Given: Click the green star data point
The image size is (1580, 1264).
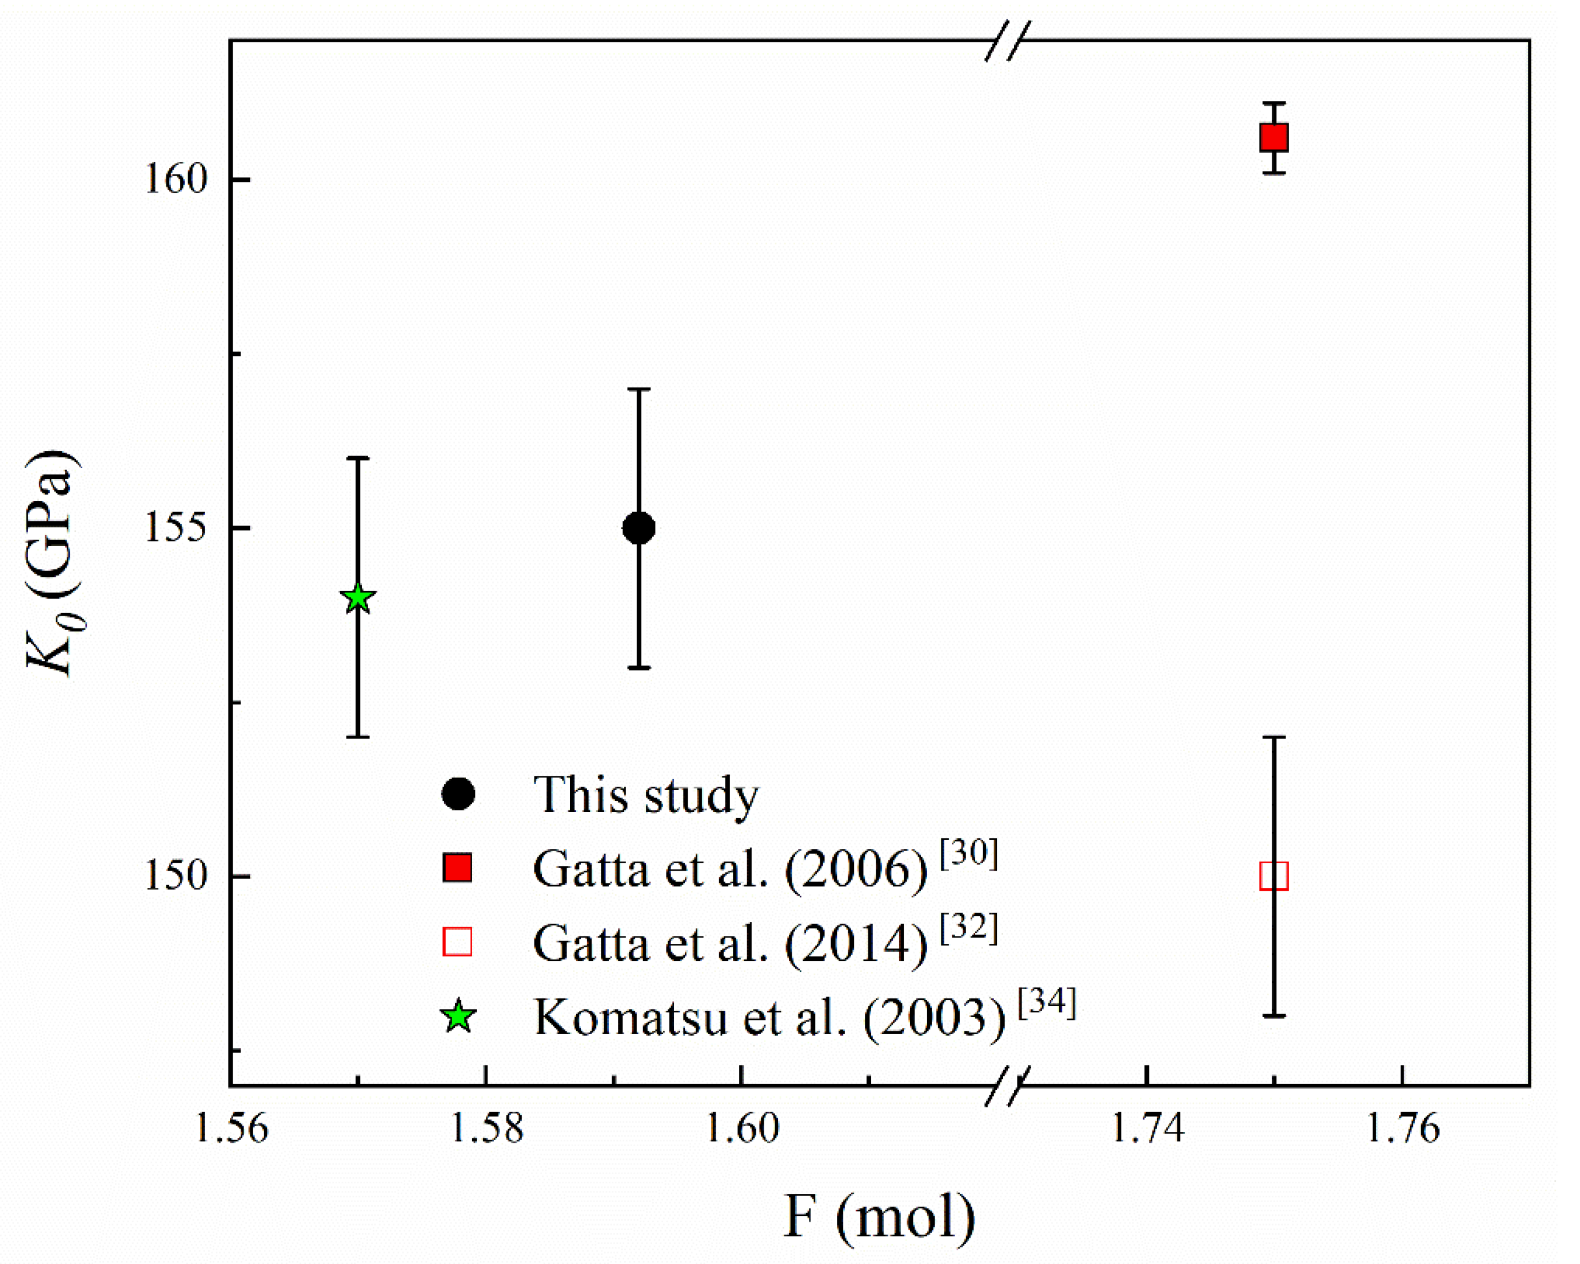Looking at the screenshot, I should click(x=358, y=599).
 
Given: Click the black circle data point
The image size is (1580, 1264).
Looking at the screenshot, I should click(x=639, y=528).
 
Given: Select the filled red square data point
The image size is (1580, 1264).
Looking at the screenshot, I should click(x=1274, y=137).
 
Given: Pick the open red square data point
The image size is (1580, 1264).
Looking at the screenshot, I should click(x=1274, y=876).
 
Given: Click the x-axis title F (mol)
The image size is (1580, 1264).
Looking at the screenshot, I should click(x=879, y=1217).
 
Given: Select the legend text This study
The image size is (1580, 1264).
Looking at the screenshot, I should click(x=645, y=795).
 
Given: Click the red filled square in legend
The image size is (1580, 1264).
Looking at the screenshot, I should click(x=457, y=868).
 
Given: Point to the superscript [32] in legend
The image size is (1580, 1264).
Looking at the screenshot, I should click(x=969, y=928).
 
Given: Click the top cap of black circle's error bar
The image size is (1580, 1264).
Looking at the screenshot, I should click(x=639, y=389).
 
